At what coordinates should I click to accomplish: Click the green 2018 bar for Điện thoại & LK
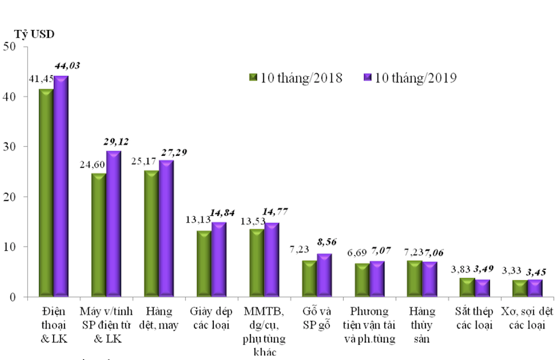coord(46,192)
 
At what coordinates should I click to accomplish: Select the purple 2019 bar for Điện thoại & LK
coord(61,186)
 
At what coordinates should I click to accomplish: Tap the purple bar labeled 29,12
coord(114,224)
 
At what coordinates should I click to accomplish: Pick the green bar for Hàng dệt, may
coord(151,233)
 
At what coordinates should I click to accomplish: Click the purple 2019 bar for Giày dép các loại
coord(219,259)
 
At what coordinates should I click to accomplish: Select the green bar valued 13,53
coord(256,262)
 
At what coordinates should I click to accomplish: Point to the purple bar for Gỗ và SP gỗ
coord(324,275)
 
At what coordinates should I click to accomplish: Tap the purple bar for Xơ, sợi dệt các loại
coord(535,288)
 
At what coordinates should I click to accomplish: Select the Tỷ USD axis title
coord(35,33)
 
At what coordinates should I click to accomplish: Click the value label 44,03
coord(67,66)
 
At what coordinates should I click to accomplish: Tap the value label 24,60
coord(93,165)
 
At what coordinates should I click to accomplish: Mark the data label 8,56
coord(328,242)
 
